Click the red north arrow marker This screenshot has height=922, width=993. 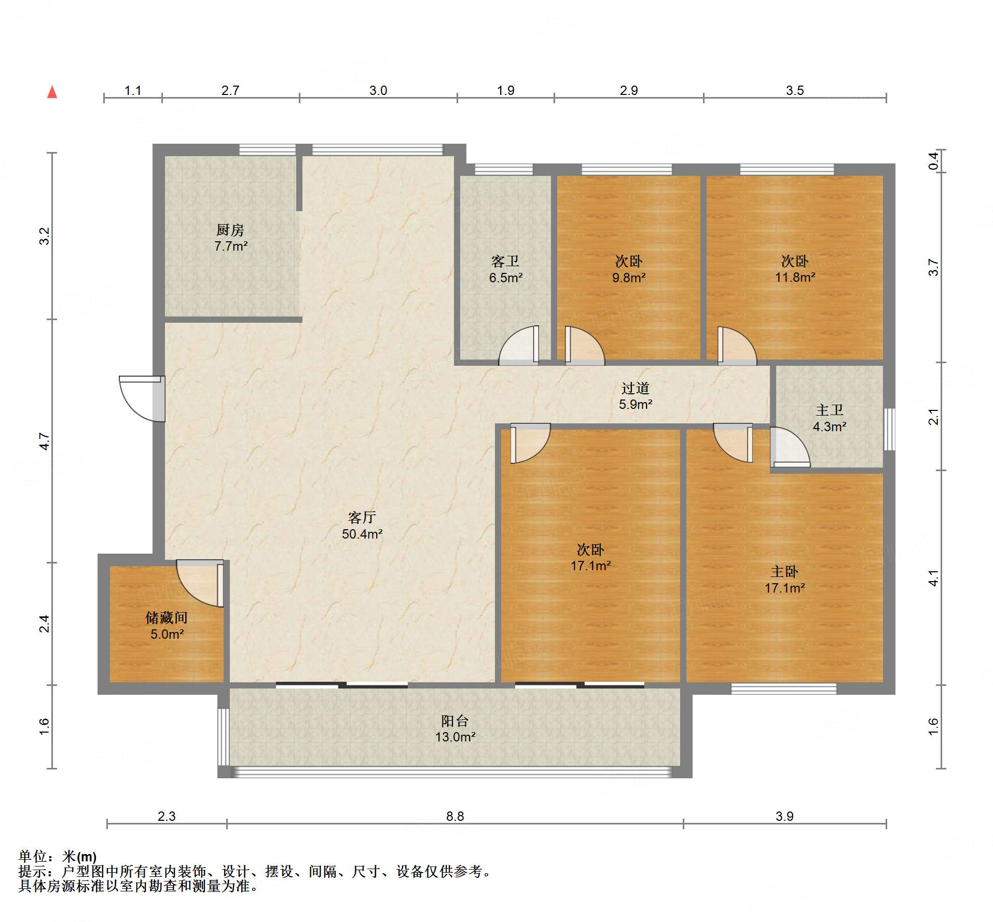pos(52,92)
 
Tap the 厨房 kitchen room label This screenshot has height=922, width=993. pos(230,229)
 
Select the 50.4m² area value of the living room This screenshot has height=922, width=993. pos(362,534)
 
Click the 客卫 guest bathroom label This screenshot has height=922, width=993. pos(505,261)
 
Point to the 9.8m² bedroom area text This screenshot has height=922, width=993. pos(629,278)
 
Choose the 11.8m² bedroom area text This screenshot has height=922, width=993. pos(795,278)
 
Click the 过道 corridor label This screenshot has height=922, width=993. pos(636,388)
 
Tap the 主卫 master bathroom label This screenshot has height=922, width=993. pos(830,410)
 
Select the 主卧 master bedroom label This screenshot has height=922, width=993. pos(784,572)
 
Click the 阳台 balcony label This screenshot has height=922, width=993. pos(455,721)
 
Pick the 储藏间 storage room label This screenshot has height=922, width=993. pos(167,617)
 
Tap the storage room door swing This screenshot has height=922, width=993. pos(200,583)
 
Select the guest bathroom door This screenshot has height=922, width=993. pos(519,346)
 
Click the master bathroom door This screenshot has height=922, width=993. pos(790,447)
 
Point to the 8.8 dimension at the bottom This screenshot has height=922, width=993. pos(455,816)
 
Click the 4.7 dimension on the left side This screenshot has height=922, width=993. pos(45,441)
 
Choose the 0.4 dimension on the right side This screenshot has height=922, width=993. pos(933,161)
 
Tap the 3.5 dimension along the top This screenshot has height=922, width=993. pos(795,90)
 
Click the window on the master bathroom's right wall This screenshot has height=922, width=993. pos(889,429)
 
